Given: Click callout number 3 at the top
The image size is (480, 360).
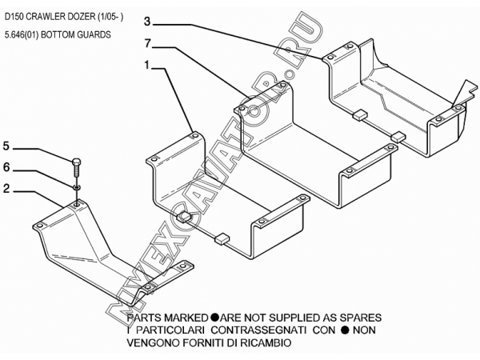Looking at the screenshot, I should tap(148, 21).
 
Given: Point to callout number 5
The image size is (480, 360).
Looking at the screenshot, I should tap(6, 146).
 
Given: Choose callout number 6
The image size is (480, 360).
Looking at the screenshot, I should tap(6, 170).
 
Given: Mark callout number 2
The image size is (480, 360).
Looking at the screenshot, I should tap(6, 190).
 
